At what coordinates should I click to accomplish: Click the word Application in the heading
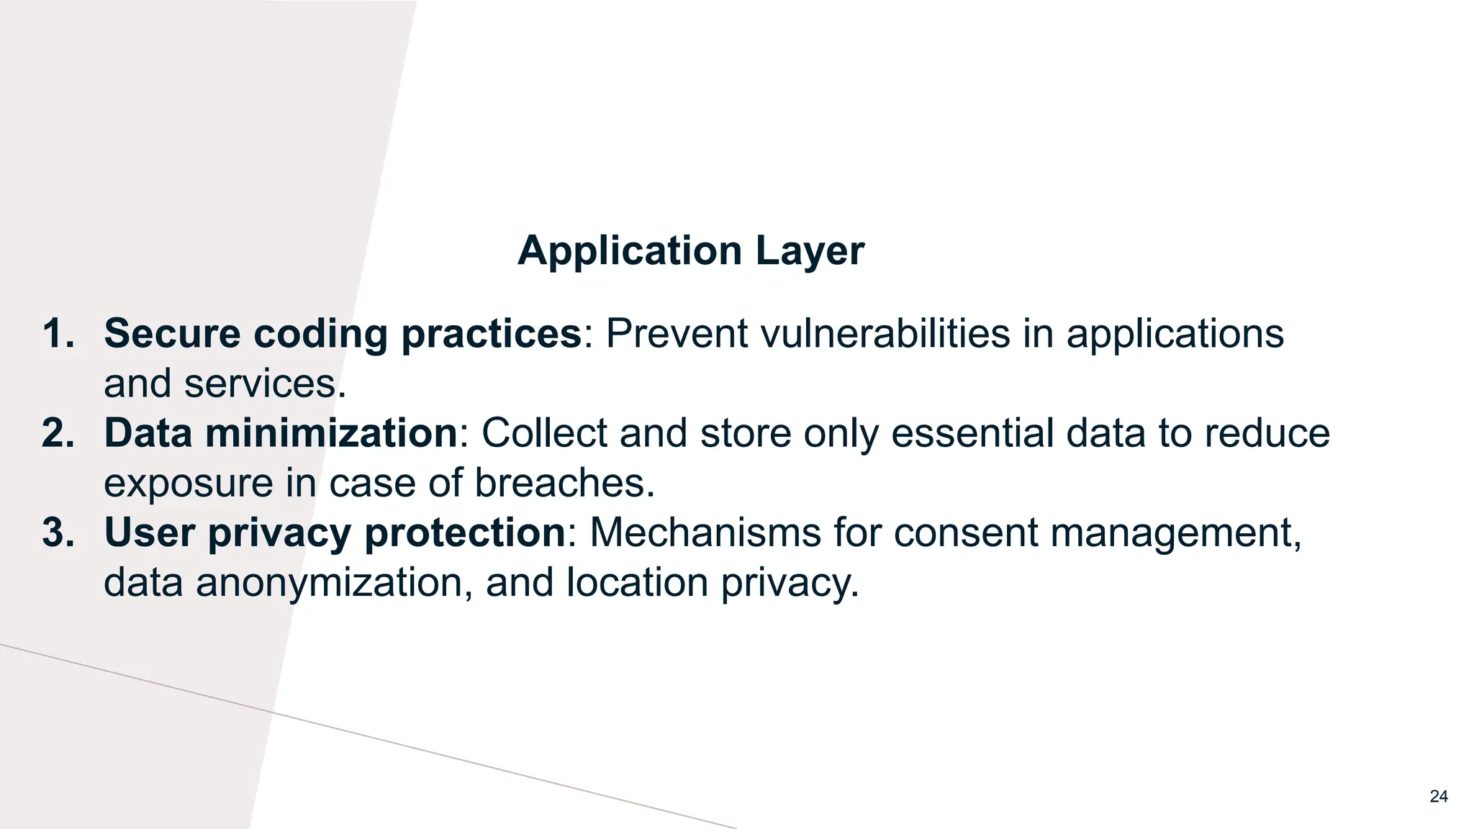pyautogui.click(x=630, y=252)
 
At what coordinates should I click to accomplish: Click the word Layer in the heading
pyautogui.click(x=810, y=252)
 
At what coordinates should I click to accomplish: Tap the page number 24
pyautogui.click(x=1438, y=797)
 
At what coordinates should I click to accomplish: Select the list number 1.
pyautogui.click(x=58, y=334)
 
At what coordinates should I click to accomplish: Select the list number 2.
pyautogui.click(x=58, y=433)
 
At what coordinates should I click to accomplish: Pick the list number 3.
pyautogui.click(x=58, y=533)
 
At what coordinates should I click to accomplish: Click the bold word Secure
pyautogui.click(x=172, y=334)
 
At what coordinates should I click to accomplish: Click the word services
pyautogui.click(x=264, y=384)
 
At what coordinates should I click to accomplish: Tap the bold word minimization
pyautogui.click(x=331, y=433)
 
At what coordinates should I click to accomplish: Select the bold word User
pyautogui.click(x=149, y=533)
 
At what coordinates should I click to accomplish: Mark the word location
pyautogui.click(x=637, y=582)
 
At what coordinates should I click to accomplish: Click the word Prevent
pyautogui.click(x=677, y=334)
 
